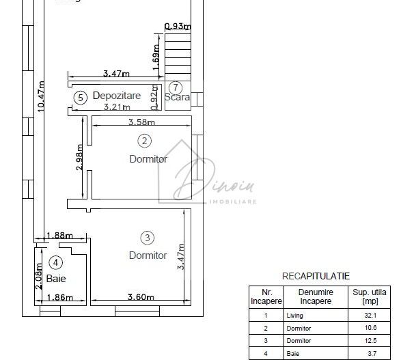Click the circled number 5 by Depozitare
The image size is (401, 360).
[81, 98]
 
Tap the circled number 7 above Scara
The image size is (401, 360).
[176, 87]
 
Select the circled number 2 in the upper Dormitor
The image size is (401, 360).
[144, 141]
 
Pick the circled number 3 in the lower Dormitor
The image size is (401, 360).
[148, 238]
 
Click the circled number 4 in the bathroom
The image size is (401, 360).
[56, 262]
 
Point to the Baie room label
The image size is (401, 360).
[56, 279]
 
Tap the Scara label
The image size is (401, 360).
[177, 98]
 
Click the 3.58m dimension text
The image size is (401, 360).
[142, 122]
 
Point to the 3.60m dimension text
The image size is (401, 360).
[141, 297]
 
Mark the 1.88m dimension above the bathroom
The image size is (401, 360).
[59, 236]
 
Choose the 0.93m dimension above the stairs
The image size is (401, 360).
[178, 27]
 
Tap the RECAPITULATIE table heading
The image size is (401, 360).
[316, 276]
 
